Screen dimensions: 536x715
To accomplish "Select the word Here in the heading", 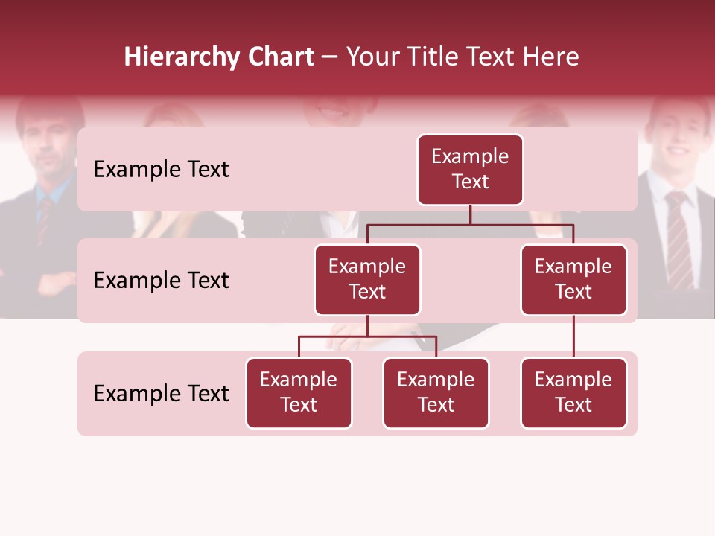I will (551, 57).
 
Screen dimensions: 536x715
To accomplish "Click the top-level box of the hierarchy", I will (470, 170).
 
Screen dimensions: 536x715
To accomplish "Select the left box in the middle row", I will (367, 280).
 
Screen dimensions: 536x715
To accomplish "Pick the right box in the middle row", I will (573, 280).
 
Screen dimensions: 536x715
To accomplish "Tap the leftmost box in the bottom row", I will (299, 393).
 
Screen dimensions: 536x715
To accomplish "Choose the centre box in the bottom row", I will (436, 393).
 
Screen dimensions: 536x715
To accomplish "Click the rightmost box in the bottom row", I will (573, 393).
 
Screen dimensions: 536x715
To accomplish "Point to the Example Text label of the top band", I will (161, 170).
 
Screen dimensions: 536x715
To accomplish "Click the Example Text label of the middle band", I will (161, 281).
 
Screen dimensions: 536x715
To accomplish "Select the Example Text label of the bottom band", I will (161, 394).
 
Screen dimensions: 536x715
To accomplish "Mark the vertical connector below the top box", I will (470, 214).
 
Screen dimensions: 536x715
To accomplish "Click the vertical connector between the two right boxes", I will (573, 336).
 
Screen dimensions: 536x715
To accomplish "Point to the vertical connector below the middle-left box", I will (367, 325).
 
